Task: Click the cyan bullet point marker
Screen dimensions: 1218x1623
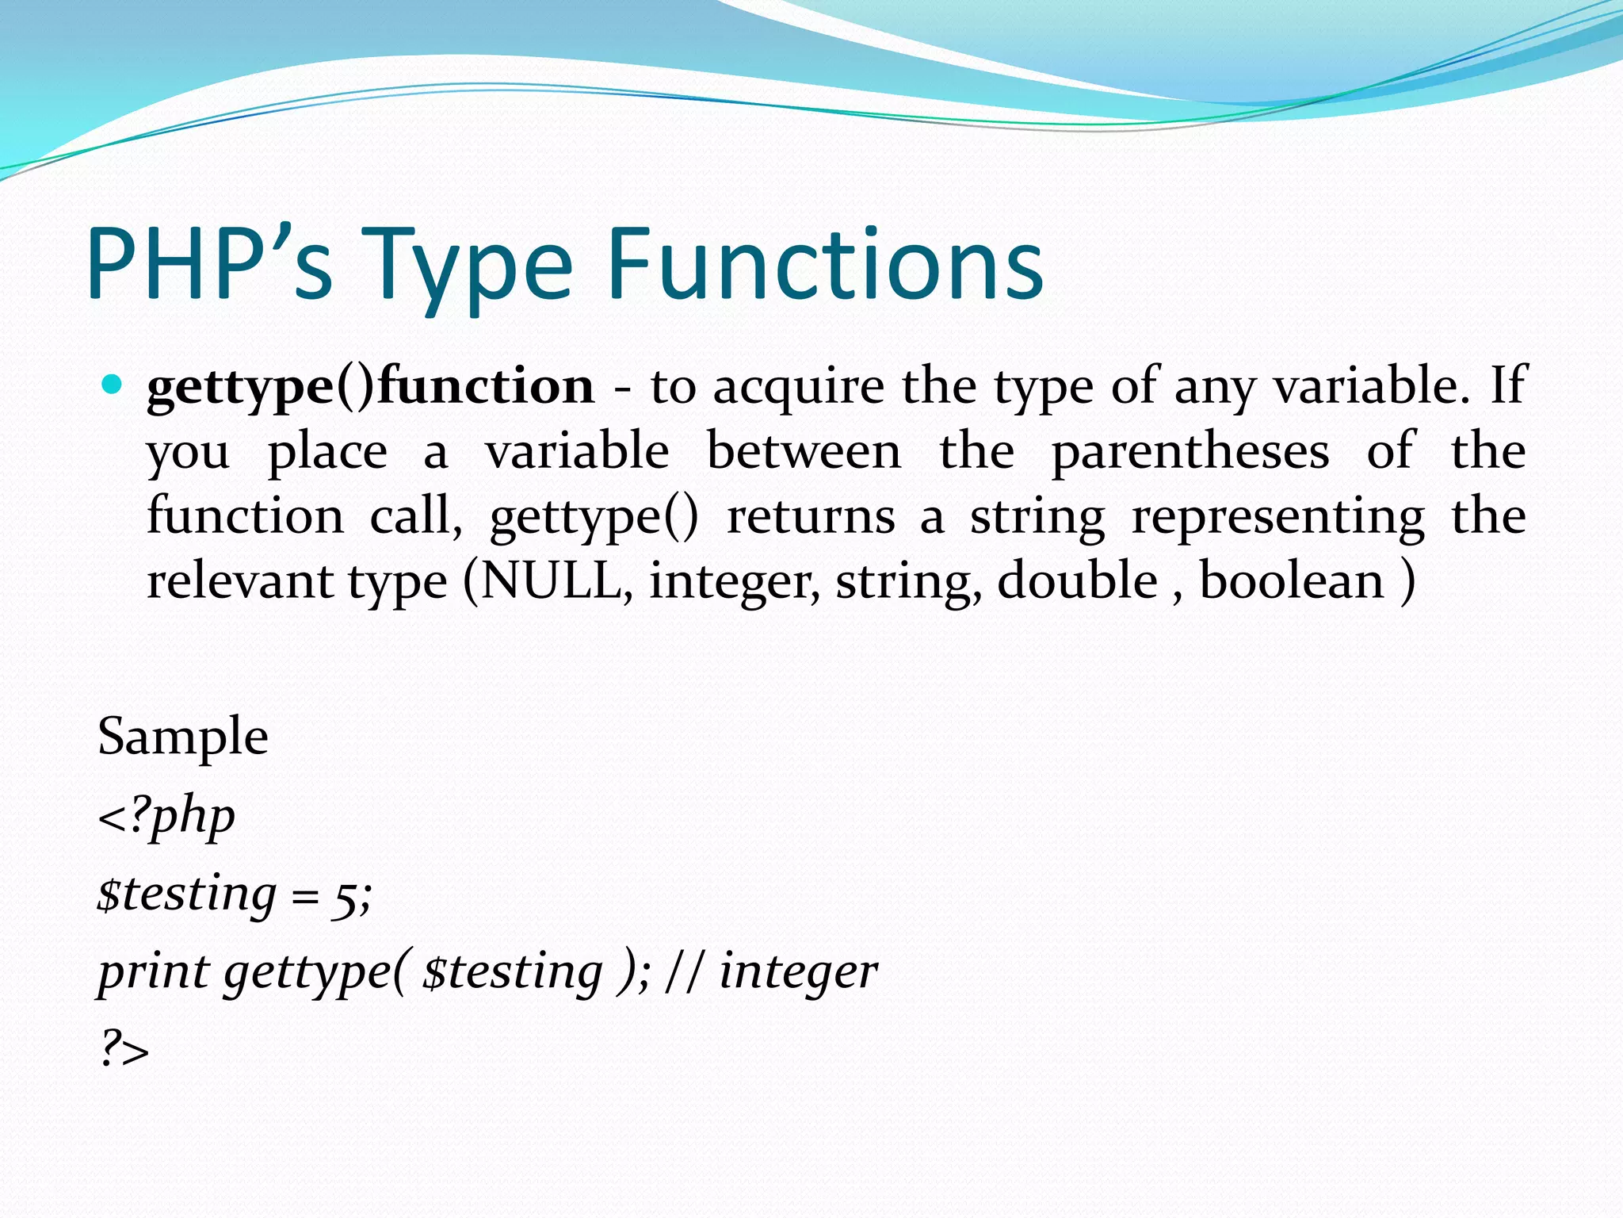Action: pyautogui.click(x=112, y=385)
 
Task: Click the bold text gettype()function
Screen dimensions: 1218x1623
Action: pyautogui.click(x=370, y=387)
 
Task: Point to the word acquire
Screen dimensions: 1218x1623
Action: pyautogui.click(x=798, y=387)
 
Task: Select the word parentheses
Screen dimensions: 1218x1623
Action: pyautogui.click(x=1190, y=452)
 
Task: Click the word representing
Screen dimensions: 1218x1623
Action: pyautogui.click(x=1277, y=517)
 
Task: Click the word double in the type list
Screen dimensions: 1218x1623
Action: pyautogui.click(x=1077, y=581)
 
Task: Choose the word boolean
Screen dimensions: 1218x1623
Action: pyautogui.click(x=1291, y=581)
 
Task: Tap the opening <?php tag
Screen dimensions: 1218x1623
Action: pyautogui.click(x=166, y=817)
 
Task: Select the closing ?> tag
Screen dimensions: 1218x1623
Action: pyautogui.click(x=124, y=1051)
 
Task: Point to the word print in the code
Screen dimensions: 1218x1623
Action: pyautogui.click(x=153, y=973)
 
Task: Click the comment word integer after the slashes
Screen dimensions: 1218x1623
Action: pyautogui.click(x=798, y=973)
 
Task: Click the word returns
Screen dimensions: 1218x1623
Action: pyautogui.click(x=811, y=517)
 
